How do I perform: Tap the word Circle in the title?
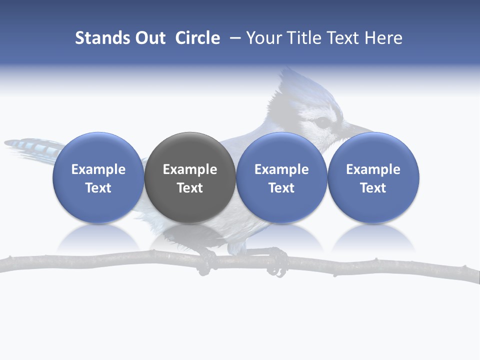click(197, 38)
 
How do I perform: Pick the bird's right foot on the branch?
click(276, 262)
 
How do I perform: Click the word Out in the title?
click(149, 38)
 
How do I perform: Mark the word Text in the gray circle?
click(190, 188)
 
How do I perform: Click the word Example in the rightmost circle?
click(373, 169)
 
